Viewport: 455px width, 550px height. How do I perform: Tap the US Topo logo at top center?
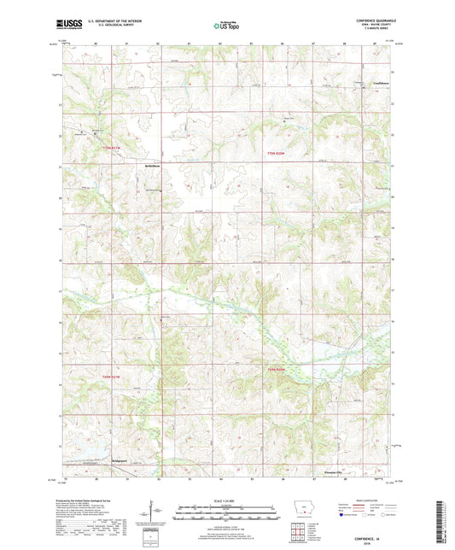[x=226, y=26]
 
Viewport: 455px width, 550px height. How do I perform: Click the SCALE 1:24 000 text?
[x=226, y=501]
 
